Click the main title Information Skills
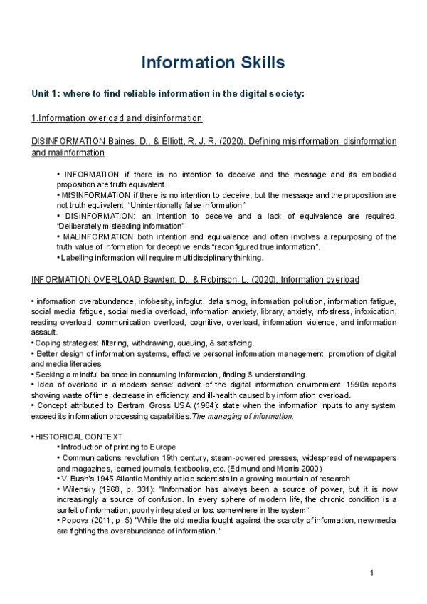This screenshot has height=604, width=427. coord(213,62)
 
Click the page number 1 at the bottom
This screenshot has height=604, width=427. coord(371,574)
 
